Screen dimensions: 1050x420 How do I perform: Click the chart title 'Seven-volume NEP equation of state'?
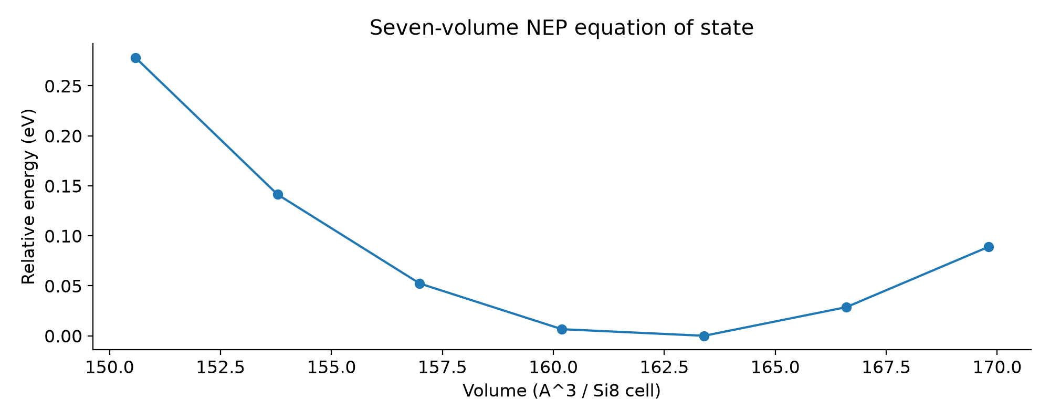point(562,28)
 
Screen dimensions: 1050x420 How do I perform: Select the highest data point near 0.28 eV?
point(135,58)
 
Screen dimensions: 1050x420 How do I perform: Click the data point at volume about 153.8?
point(278,194)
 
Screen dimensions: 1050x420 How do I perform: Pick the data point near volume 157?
point(419,283)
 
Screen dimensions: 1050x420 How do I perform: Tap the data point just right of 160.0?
point(562,329)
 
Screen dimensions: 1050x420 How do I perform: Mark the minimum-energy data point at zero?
point(704,336)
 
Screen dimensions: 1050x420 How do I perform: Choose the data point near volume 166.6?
point(846,307)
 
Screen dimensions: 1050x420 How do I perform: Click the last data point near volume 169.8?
point(989,247)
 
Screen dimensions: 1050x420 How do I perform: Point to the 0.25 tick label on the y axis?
point(63,86)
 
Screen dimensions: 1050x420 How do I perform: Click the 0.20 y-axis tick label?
point(63,136)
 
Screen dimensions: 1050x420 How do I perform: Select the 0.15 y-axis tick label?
point(63,186)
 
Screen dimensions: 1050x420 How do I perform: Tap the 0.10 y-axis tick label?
point(63,236)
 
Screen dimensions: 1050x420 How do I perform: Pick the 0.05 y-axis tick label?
point(63,286)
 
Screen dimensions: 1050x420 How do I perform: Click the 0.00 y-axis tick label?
point(63,336)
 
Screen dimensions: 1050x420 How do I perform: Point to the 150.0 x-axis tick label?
point(109,367)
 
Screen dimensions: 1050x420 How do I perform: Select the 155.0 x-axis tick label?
point(331,367)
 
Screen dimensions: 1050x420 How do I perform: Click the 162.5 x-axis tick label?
point(664,367)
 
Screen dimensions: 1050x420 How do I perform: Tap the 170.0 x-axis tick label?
point(997,367)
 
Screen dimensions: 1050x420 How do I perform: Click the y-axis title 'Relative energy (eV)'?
point(29,196)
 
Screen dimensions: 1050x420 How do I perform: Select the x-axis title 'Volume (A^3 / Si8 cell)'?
point(562,391)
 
